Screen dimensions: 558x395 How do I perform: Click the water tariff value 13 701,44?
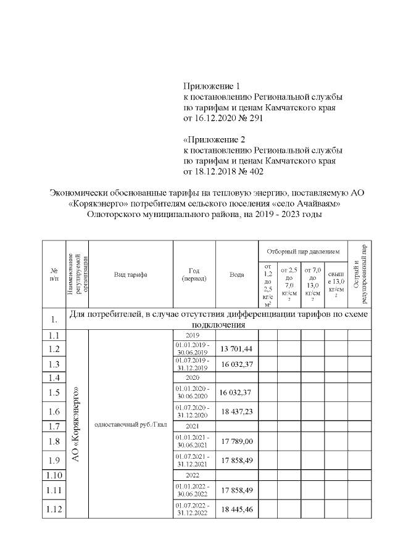click(x=236, y=349)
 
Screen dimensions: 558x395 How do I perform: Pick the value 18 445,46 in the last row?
click(x=236, y=511)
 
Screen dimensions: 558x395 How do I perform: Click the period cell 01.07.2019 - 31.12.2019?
click(x=194, y=364)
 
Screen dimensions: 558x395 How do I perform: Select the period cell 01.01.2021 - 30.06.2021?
click(x=194, y=441)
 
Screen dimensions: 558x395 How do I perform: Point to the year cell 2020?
click(x=194, y=377)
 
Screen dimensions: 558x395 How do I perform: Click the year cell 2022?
click(x=194, y=475)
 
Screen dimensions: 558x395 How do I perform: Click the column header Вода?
click(x=236, y=274)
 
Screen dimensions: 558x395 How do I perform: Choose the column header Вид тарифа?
click(x=130, y=274)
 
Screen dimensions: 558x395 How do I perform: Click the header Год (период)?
click(x=194, y=274)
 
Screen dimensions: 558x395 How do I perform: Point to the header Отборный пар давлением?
click(x=303, y=252)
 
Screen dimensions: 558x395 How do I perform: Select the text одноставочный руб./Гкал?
click(x=130, y=425)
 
